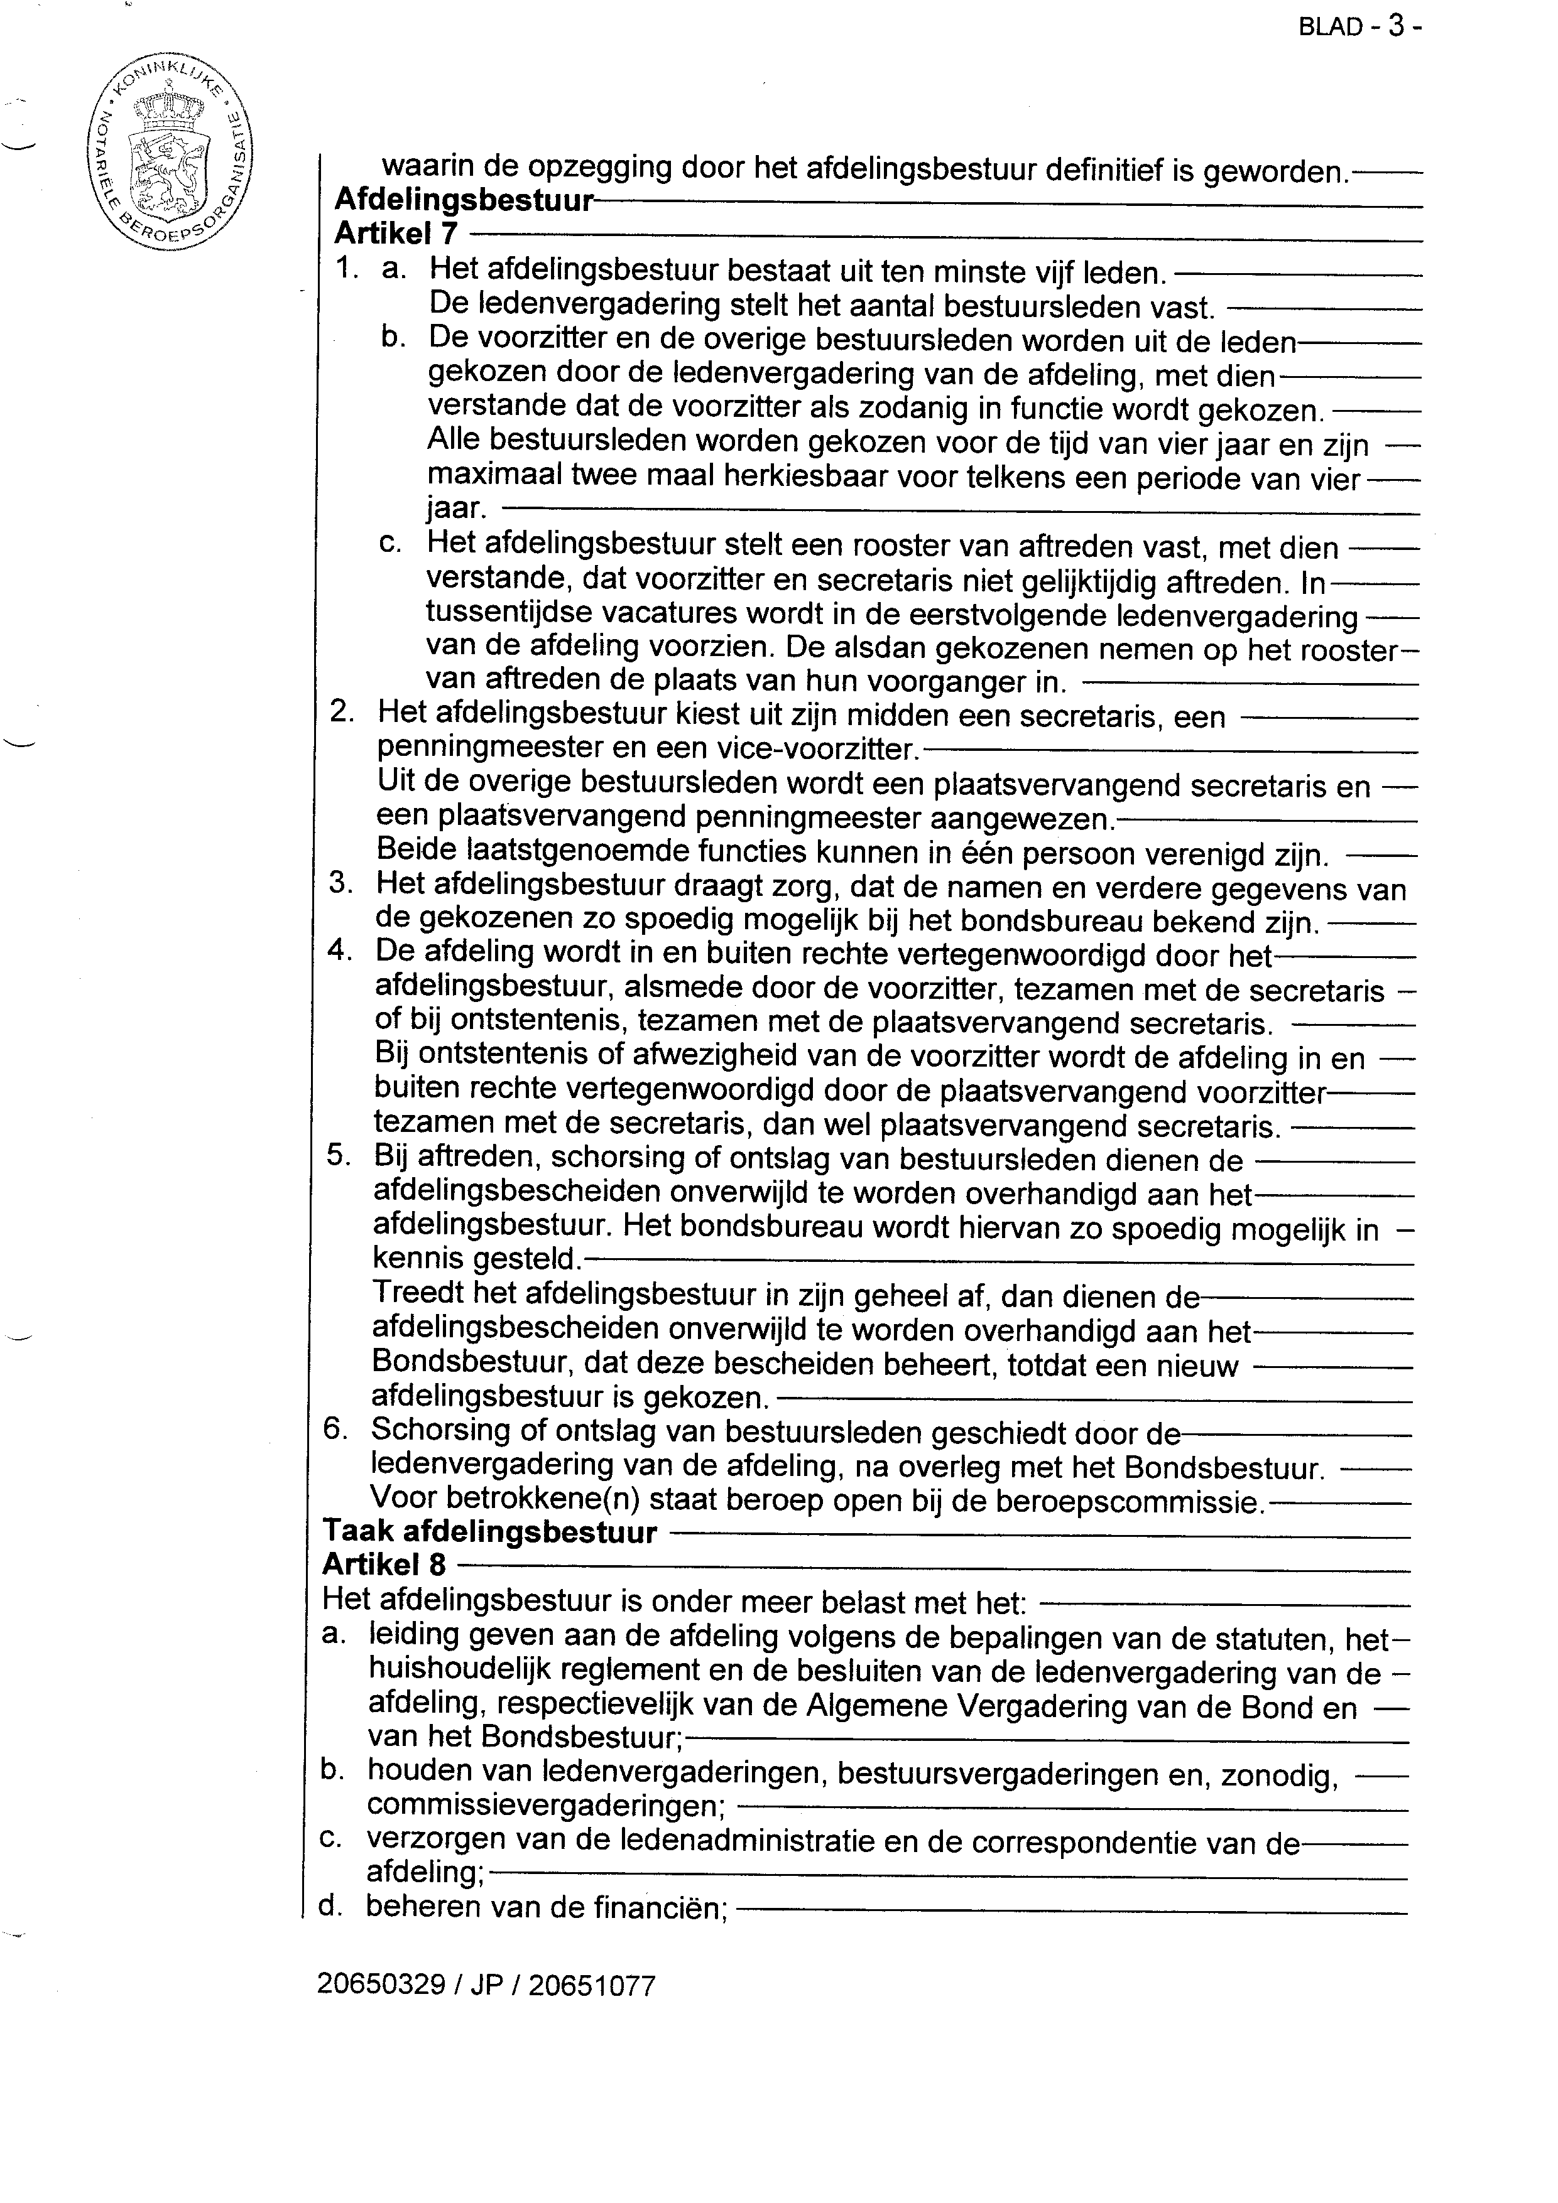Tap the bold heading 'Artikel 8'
pos(384,1565)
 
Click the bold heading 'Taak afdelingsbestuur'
pos(489,1532)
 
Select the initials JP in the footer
pos(486,1985)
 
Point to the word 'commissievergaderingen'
pos(545,1805)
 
